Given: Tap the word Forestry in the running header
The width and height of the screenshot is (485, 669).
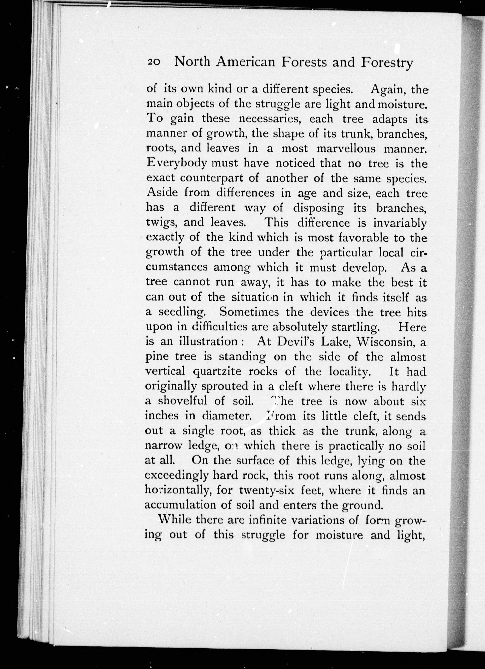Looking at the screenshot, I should (x=387, y=63).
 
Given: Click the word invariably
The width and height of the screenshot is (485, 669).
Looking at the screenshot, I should (x=400, y=223).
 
